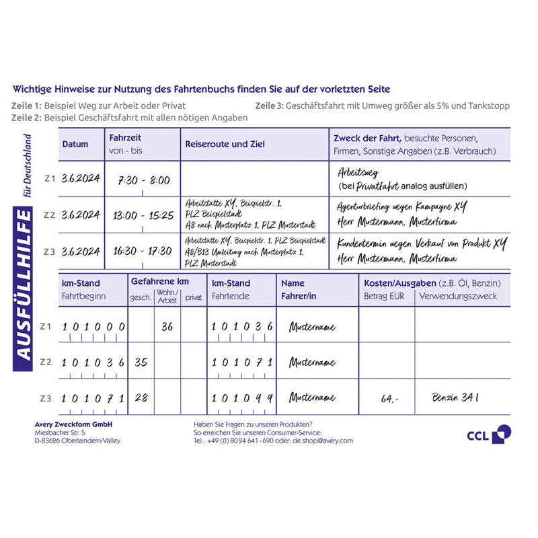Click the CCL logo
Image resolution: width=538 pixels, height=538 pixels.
[489, 434]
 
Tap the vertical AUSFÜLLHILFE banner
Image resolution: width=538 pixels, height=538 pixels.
[24, 293]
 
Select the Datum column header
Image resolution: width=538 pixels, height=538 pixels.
[75, 144]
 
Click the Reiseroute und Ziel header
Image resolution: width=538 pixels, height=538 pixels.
[225, 144]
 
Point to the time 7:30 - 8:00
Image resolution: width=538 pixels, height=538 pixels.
[144, 180]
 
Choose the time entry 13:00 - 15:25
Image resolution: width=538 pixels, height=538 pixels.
[144, 216]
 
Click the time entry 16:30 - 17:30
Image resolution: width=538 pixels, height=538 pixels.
[144, 251]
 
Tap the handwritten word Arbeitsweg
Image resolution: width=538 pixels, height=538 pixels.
[358, 173]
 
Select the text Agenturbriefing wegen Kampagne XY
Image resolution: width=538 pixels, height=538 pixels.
[401, 207]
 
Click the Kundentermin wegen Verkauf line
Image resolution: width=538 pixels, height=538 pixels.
[422, 243]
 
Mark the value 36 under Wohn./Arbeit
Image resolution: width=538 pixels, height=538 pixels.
[167, 327]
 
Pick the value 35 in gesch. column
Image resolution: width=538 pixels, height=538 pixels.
[141, 362]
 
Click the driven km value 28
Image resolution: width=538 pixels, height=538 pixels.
[141, 397]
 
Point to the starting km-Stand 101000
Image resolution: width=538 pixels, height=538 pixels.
[93, 327]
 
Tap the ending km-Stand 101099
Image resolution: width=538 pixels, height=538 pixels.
[242, 398]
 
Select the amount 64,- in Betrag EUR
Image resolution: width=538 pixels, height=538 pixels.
[389, 399]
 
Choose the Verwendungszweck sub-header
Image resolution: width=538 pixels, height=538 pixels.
[457, 296]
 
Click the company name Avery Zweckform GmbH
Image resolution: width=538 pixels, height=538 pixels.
[73, 424]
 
